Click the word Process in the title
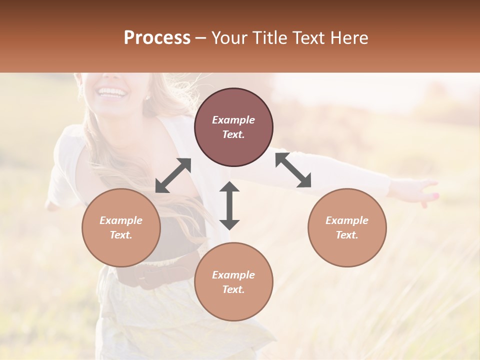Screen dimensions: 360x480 [x=157, y=38]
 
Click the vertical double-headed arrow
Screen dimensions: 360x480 [x=229, y=205]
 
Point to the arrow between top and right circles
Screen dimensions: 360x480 [x=293, y=169]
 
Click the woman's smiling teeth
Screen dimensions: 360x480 [x=112, y=92]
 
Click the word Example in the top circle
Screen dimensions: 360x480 [x=233, y=120]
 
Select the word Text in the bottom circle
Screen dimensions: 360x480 [x=233, y=289]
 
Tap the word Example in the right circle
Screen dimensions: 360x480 [x=347, y=220]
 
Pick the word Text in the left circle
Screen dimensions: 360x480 [x=121, y=235]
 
